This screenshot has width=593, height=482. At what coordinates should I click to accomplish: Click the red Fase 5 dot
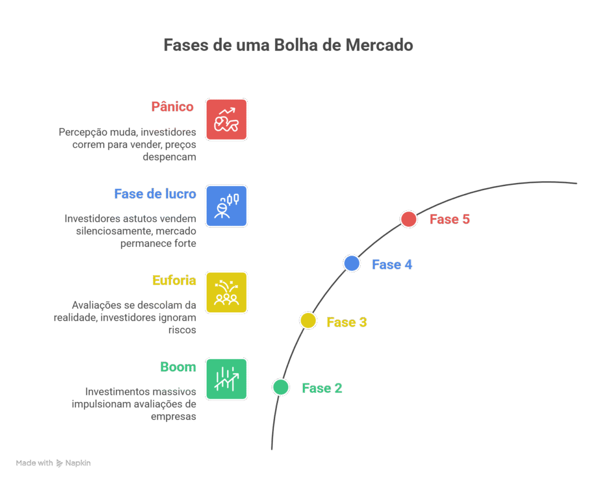[x=409, y=219]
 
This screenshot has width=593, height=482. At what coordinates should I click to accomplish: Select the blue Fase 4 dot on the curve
[x=352, y=264]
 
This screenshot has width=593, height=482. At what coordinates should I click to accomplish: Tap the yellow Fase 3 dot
[x=308, y=320]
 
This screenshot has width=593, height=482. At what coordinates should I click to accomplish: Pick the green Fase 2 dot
[x=281, y=387]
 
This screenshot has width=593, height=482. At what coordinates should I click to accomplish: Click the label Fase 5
[x=449, y=220]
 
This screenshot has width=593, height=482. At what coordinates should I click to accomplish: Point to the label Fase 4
[x=392, y=265]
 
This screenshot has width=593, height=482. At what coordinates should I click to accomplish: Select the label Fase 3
[x=346, y=322]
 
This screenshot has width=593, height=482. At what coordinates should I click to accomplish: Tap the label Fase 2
[x=322, y=388]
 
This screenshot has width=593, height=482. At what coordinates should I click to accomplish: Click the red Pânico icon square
[x=226, y=119]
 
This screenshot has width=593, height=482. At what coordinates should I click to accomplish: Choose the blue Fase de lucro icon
[x=226, y=206]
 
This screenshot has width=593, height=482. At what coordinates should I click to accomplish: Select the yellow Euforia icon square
[x=226, y=292]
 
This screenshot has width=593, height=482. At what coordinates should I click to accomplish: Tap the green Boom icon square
[x=226, y=379]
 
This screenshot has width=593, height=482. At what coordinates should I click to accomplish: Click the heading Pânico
[x=172, y=107]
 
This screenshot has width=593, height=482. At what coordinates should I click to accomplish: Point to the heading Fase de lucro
[x=155, y=193]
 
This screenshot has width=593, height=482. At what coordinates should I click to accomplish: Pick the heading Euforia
[x=174, y=280]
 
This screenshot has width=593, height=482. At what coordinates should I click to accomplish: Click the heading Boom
[x=178, y=367]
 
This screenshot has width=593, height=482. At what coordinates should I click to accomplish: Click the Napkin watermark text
[x=78, y=463]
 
